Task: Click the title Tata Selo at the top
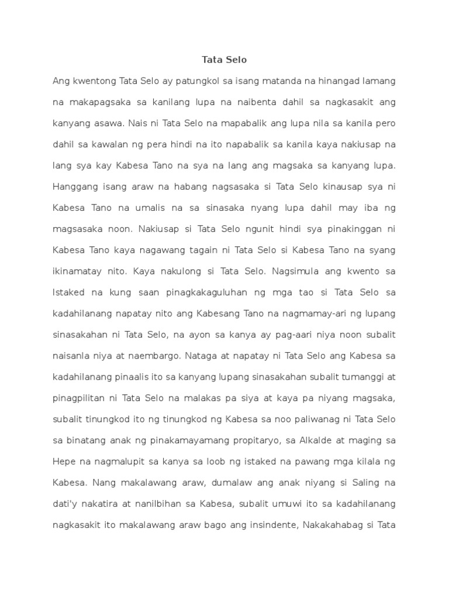tap(224, 60)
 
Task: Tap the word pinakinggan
tap(350, 229)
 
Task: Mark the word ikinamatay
tap(78, 271)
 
